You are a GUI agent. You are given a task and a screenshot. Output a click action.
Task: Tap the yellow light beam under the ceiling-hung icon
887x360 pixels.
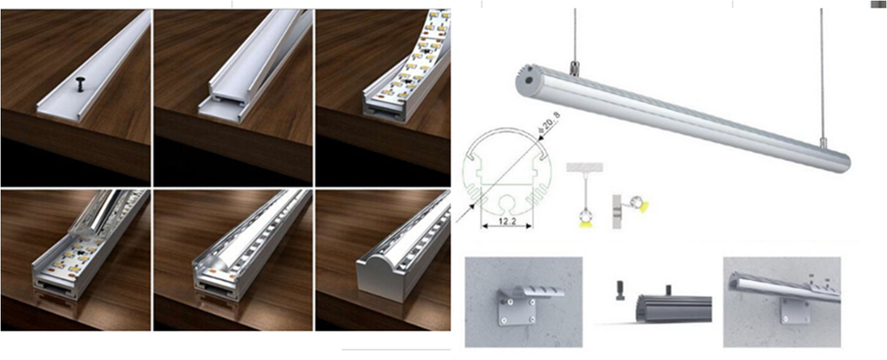[584, 223]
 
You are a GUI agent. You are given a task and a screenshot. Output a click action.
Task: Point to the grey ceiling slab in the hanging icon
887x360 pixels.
[585, 167]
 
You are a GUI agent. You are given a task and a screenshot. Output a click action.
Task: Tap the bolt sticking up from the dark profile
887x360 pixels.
[668, 289]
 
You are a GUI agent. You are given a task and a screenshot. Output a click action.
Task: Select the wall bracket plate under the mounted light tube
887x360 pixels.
[795, 310]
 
